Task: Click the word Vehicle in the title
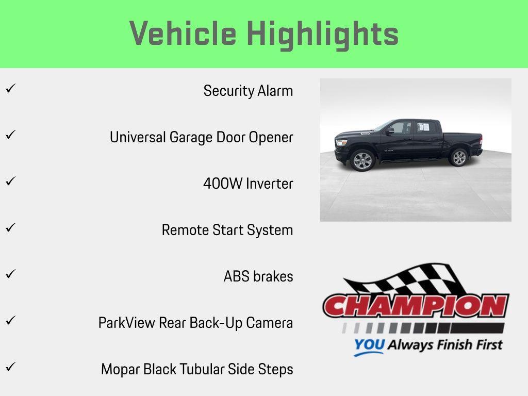click(183, 34)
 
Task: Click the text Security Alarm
click(248, 91)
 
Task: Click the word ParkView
click(127, 323)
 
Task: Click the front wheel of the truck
click(362, 160)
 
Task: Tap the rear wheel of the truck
click(458, 157)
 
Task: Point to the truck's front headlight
click(341, 142)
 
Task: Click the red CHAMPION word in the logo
click(416, 306)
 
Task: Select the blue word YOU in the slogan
click(369, 345)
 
